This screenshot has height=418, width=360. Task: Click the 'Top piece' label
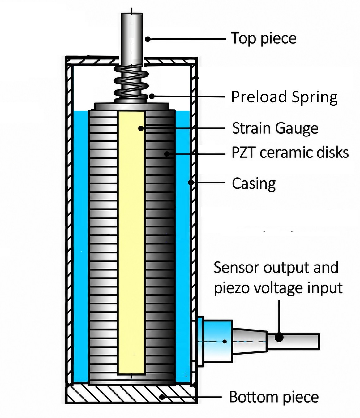[264, 38]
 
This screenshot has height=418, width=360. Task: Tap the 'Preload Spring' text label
[284, 97]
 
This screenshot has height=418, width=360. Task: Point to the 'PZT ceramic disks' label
[290, 153]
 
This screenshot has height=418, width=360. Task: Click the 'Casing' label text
[254, 183]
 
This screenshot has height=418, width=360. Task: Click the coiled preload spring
[131, 85]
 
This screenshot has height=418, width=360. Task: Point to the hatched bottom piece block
[131, 395]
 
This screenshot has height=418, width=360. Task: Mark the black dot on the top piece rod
[148, 39]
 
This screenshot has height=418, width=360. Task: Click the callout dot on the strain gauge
[141, 128]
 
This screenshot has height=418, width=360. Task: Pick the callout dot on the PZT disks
[167, 154]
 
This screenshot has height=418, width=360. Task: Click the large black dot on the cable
[279, 338]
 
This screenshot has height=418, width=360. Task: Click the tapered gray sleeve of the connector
[250, 341]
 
